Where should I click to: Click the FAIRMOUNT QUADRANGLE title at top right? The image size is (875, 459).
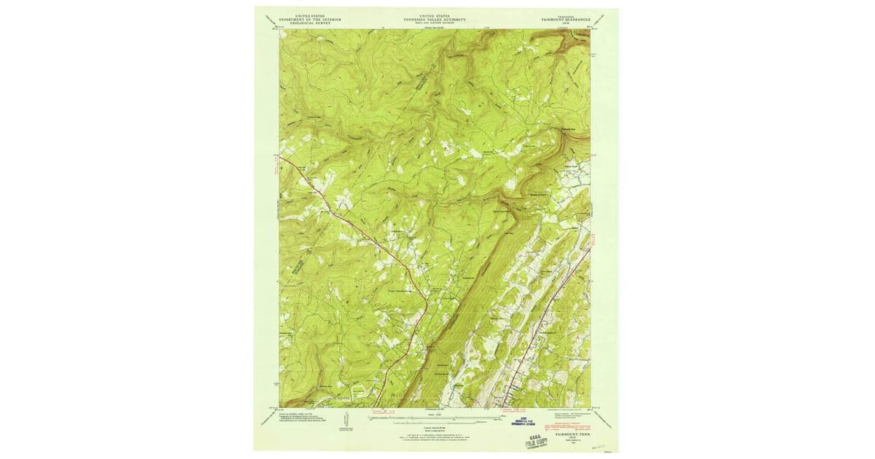(x=569, y=17)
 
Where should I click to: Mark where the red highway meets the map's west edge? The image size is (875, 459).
(x=279, y=155)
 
